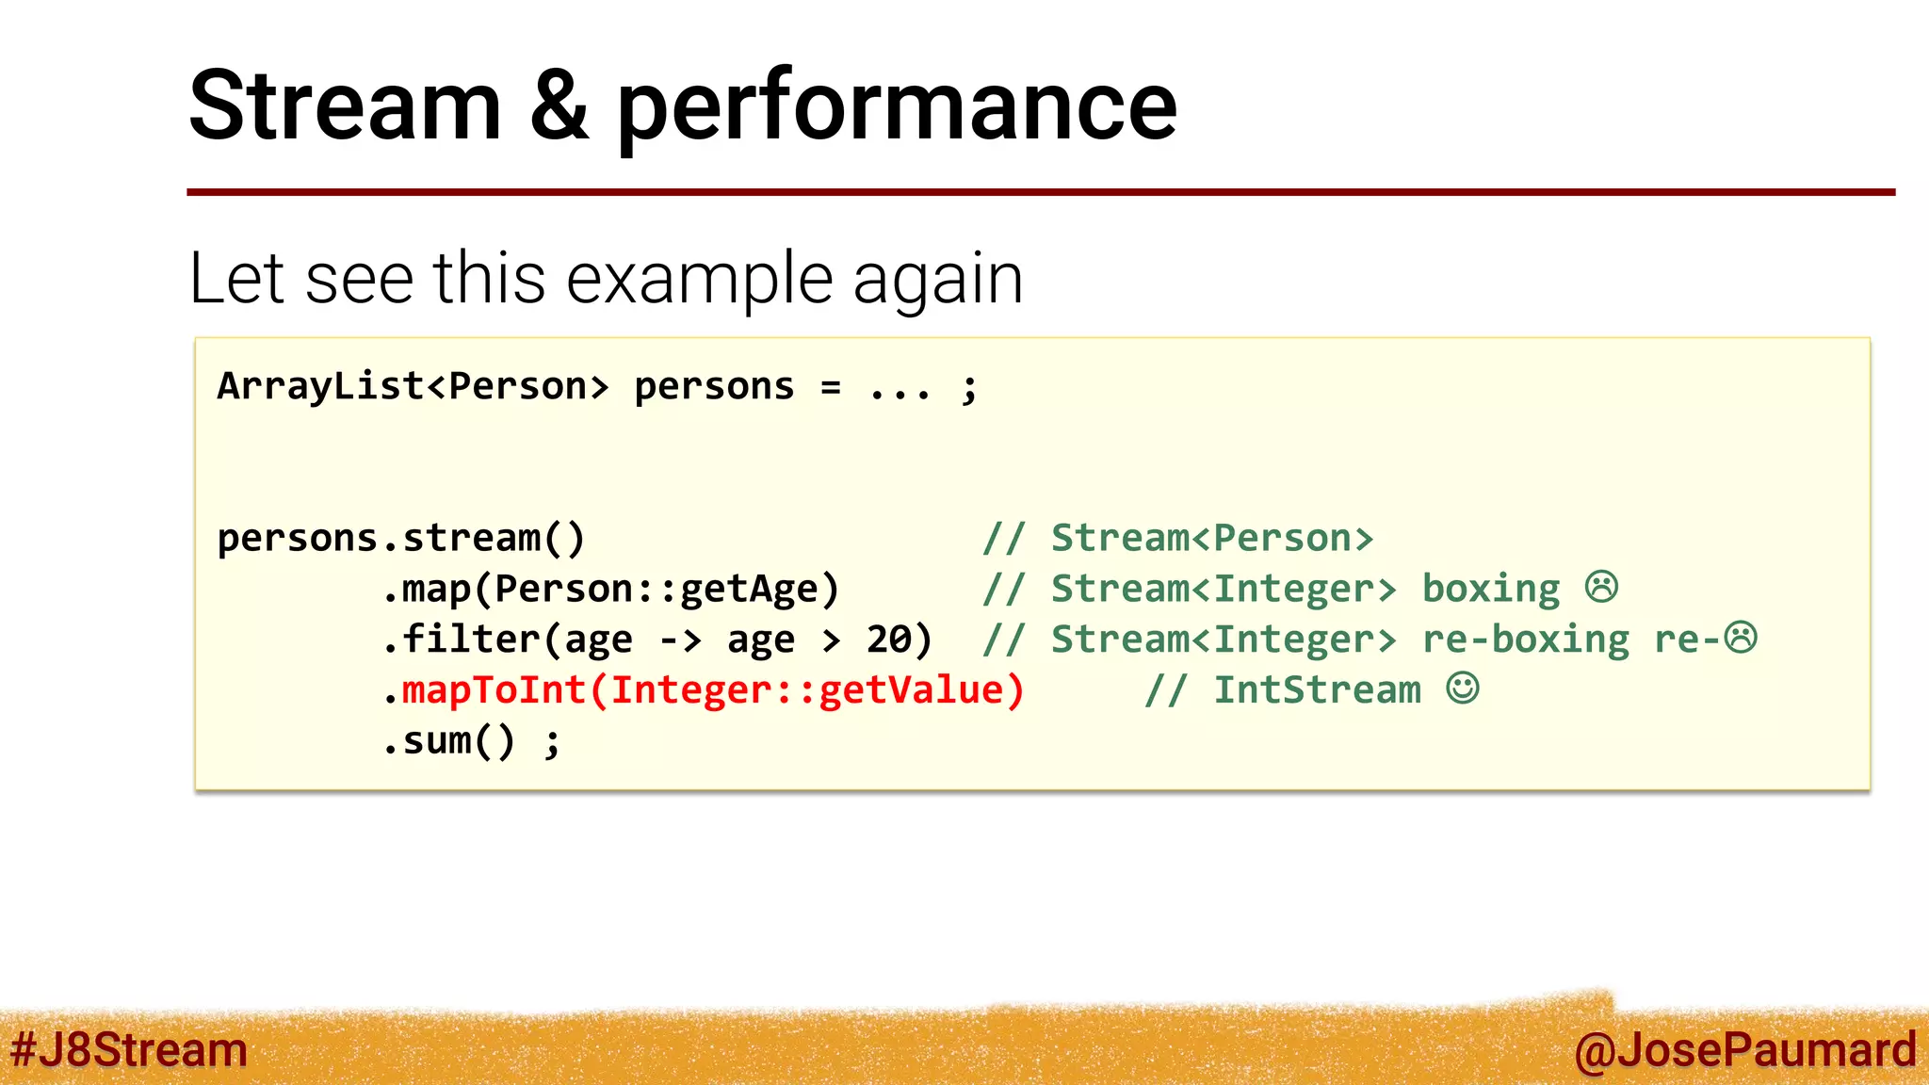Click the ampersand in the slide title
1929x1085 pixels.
coord(559,105)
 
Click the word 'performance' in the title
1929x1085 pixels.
coord(896,109)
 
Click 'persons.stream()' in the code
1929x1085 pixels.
coord(401,539)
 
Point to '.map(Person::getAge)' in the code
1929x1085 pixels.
coord(610,590)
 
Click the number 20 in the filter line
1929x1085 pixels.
coord(889,640)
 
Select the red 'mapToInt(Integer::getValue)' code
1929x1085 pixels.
coord(713,690)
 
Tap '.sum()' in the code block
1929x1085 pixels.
coord(448,741)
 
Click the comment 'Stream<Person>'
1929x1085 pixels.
coord(1212,539)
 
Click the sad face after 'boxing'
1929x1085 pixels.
coord(1601,587)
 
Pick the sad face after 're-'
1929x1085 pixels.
coord(1741,638)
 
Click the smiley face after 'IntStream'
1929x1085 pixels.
coord(1463,688)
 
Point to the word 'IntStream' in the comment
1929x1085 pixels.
coord(1317,690)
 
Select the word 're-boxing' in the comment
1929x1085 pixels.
coord(1526,640)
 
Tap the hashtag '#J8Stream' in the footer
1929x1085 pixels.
coord(129,1049)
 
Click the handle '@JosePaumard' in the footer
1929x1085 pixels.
coord(1744,1049)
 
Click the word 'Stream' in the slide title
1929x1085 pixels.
coord(345,105)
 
